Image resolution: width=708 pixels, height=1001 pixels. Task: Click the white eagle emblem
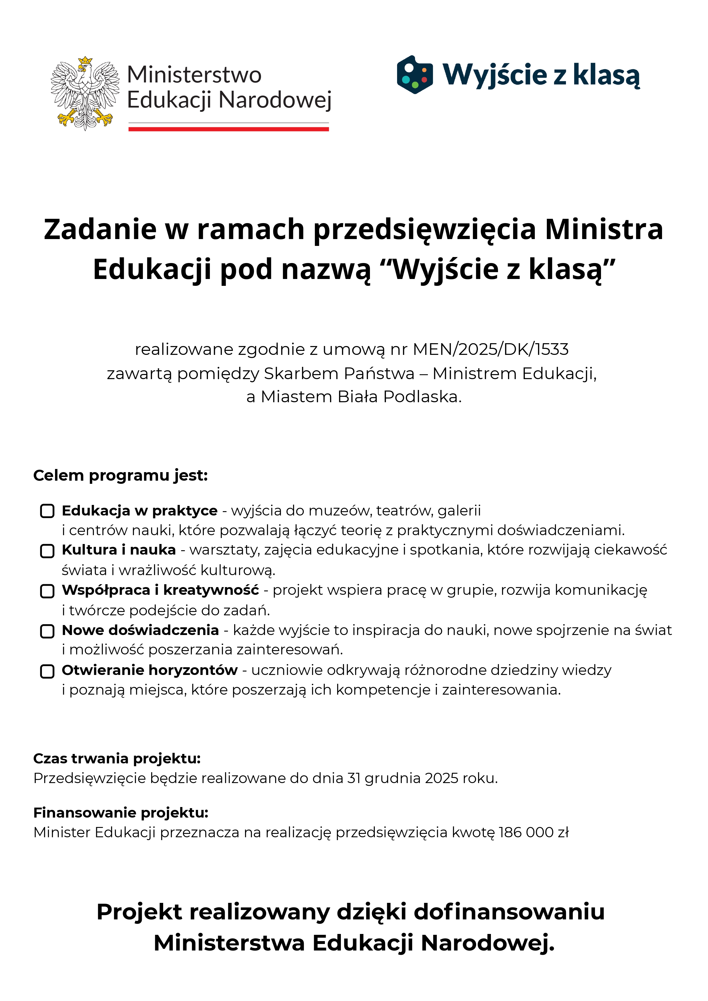pos(85,94)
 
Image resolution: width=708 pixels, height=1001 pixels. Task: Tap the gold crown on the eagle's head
pos(86,60)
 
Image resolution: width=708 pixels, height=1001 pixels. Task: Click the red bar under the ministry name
pos(228,129)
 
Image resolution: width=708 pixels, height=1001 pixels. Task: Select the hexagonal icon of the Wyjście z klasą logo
pos(414,74)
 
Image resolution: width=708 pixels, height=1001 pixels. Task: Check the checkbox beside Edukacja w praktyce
pos(47,511)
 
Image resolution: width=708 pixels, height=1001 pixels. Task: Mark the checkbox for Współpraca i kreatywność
pos(47,591)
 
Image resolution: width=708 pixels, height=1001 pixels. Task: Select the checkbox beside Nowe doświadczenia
pos(47,631)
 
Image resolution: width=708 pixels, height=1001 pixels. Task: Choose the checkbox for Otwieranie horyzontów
pos(47,672)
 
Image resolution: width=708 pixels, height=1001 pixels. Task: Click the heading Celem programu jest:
pos(120,476)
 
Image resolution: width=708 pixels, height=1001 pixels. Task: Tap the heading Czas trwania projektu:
pos(117,759)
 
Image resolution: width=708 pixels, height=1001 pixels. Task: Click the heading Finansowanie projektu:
pos(121,813)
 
